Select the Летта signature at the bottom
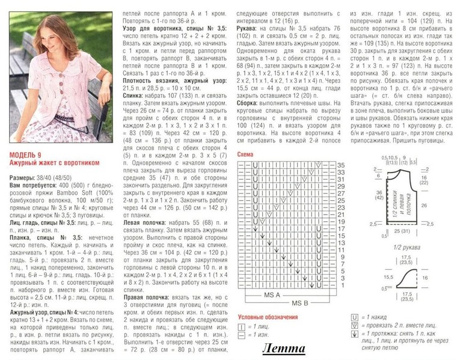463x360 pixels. [x=283, y=349]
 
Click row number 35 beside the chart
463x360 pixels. [x=340, y=165]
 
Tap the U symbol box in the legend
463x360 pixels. [x=355, y=317]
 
